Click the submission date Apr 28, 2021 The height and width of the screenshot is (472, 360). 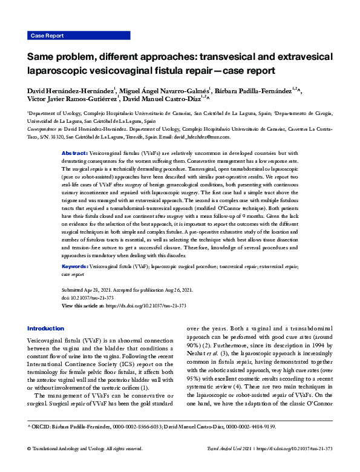pyautogui.click(x=99, y=290)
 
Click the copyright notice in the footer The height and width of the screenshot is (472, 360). pyautogui.click(x=85, y=465)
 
